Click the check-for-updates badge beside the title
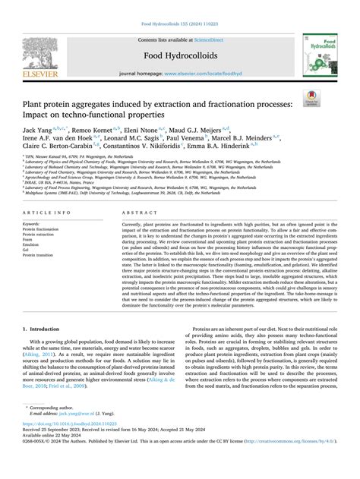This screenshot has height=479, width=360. (332, 96)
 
